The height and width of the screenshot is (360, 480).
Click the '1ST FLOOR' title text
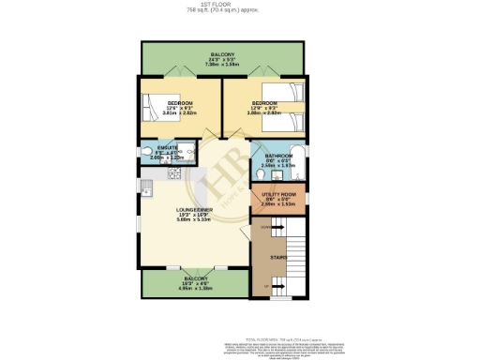coord(222,4)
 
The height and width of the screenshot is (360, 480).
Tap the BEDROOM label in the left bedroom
coord(180,102)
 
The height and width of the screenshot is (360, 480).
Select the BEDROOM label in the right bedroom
coord(263,102)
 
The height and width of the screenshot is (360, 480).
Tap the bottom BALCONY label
coord(196,279)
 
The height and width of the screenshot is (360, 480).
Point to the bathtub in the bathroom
coord(298,158)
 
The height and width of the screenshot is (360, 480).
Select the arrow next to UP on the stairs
coord(278,285)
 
